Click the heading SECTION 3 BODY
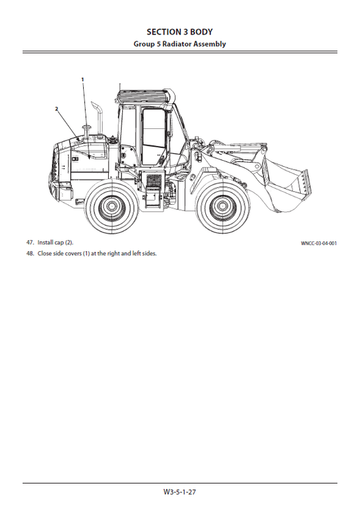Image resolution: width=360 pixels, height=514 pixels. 180,31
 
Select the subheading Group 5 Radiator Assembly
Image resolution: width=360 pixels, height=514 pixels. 180,44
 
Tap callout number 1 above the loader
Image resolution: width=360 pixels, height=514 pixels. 83,79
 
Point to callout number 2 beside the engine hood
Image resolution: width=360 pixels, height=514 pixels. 57,108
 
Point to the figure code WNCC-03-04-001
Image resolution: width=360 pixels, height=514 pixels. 319,243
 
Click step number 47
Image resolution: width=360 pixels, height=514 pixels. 30,242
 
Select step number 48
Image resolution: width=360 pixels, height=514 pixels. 30,253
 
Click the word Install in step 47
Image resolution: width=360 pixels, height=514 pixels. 46,242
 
